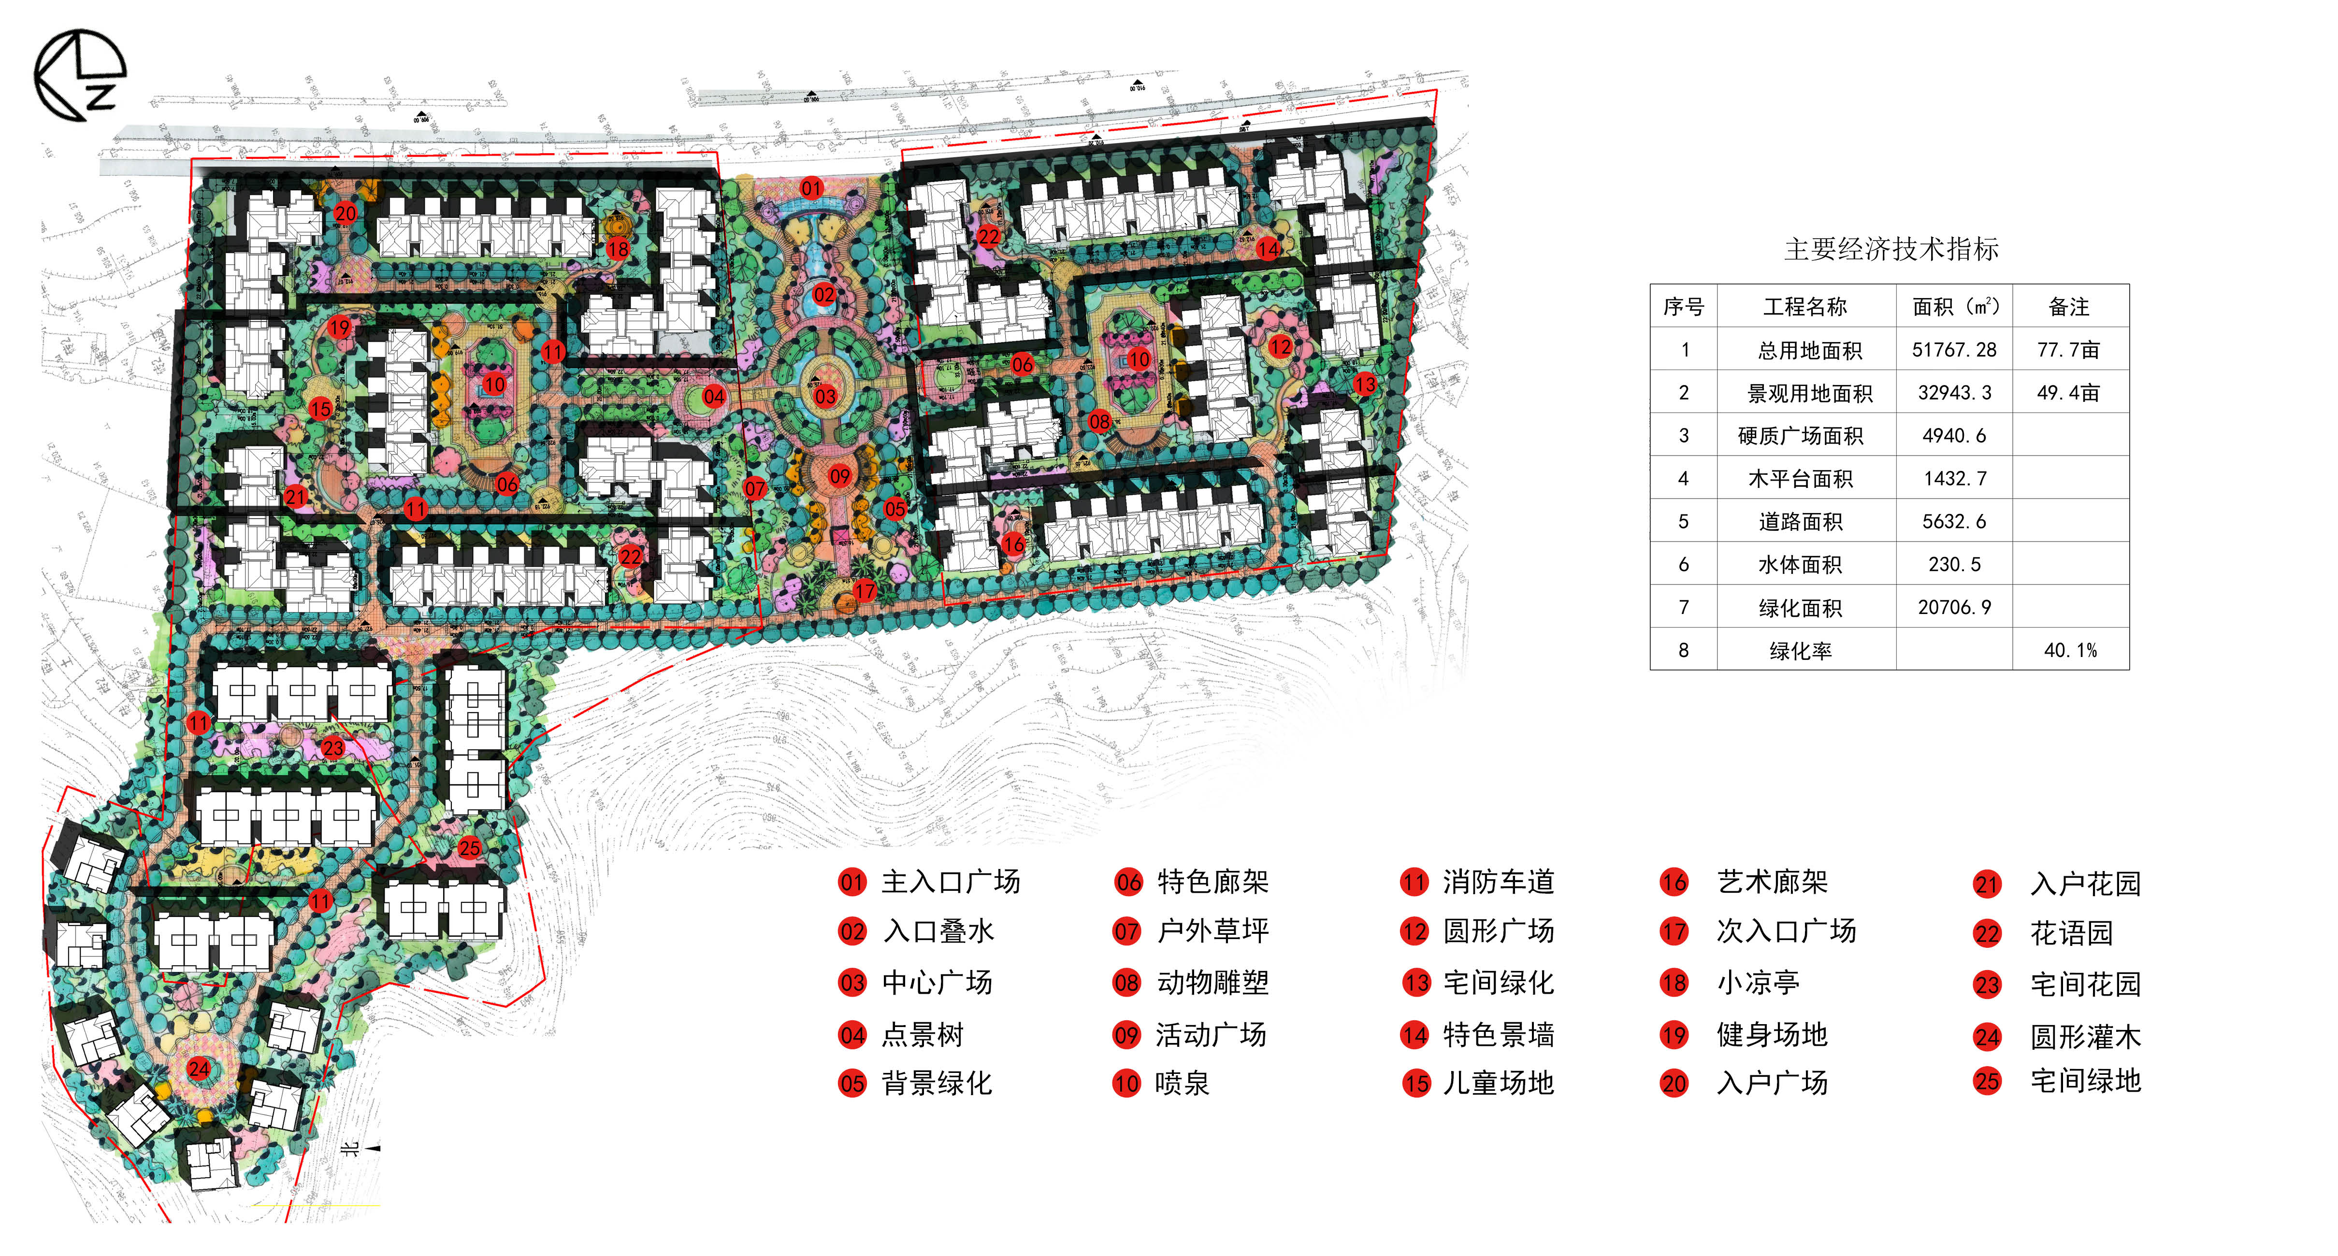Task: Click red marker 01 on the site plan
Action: (811, 188)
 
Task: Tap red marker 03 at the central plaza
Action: (824, 396)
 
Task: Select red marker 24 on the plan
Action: (198, 1068)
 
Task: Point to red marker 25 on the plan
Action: (469, 848)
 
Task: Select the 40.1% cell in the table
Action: (2069, 650)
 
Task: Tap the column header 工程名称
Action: (1804, 307)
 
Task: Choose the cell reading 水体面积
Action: (1800, 564)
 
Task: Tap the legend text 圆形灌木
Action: (2085, 1036)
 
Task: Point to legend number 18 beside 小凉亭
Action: (1674, 983)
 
